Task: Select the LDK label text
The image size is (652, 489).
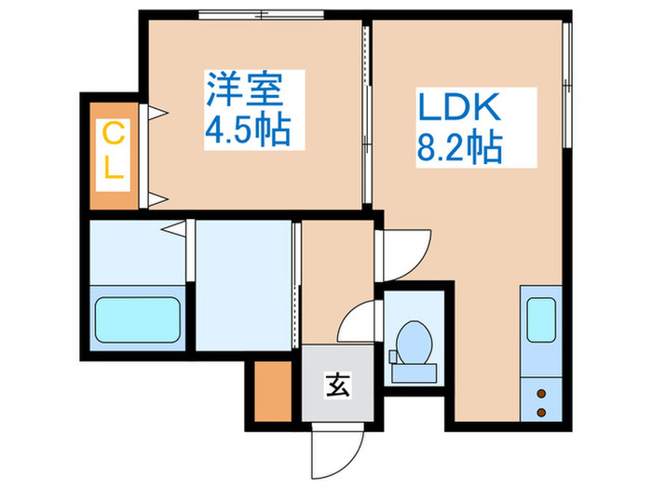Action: click(459, 109)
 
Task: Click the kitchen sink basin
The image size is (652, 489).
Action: click(541, 319)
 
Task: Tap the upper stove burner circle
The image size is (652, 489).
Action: click(541, 394)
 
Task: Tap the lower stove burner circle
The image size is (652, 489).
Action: click(541, 411)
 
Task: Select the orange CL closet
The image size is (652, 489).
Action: click(112, 154)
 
